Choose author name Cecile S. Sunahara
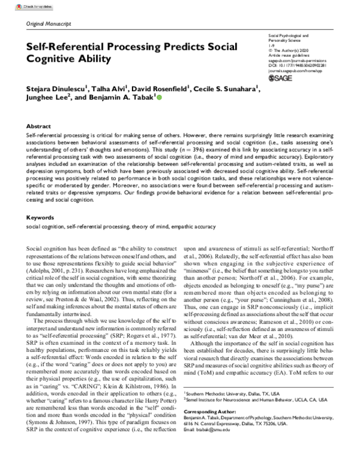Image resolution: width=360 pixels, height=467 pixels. (x=227, y=90)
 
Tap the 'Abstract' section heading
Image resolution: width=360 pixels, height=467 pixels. (x=39, y=127)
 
